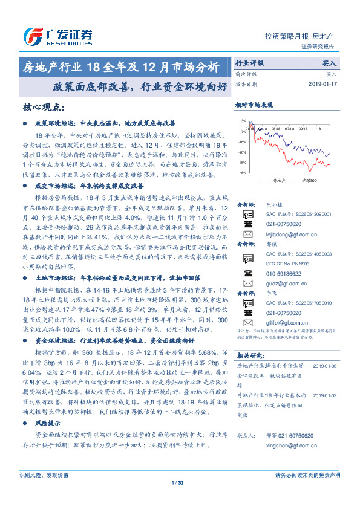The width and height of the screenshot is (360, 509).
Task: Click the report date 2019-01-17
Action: click(x=324, y=83)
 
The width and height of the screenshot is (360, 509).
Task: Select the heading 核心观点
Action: click(x=43, y=107)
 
